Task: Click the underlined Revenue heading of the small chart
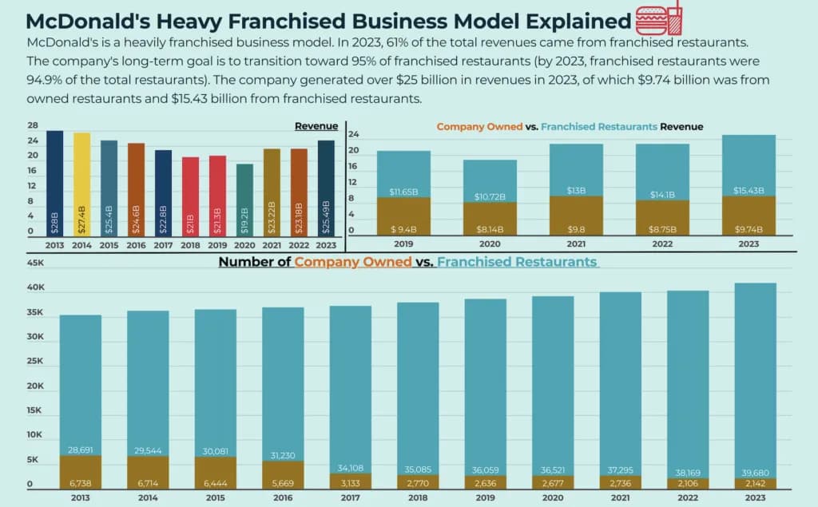point(316,126)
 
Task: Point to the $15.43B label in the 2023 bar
point(749,190)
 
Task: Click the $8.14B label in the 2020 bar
point(490,229)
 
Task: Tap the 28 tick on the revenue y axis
point(33,126)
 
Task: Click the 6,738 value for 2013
point(80,483)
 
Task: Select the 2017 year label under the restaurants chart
point(350,497)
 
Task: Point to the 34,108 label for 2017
point(350,468)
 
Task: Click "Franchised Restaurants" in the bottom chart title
point(517,262)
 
